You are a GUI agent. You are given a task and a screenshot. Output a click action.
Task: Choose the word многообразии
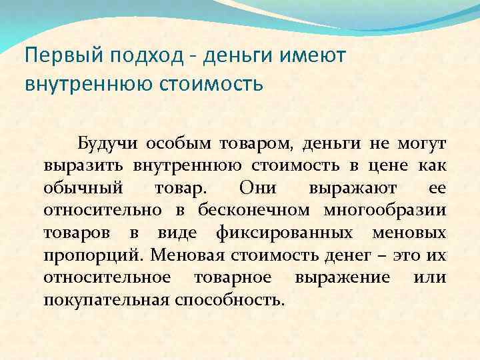pos(385,211)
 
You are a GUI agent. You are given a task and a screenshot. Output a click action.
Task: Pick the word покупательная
pos(105,299)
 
